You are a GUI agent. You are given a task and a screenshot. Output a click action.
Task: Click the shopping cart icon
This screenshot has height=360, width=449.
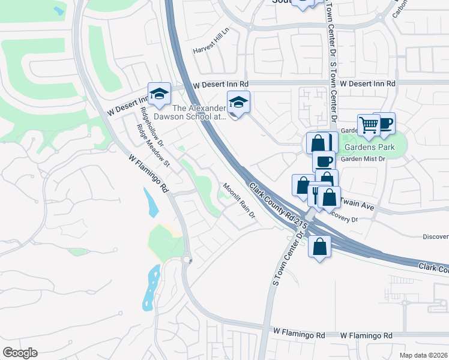click(x=369, y=125)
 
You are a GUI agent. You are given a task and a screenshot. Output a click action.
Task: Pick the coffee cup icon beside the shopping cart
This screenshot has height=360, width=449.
click(x=384, y=123)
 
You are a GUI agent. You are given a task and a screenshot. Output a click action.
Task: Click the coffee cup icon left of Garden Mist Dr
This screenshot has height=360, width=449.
click(x=324, y=161)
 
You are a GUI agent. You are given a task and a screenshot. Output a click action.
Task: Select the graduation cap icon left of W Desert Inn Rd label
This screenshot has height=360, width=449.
click(x=159, y=93)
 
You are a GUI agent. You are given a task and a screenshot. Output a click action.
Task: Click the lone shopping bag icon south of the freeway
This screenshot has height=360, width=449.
click(x=320, y=245)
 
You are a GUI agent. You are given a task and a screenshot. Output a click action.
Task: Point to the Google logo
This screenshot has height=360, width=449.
click(x=20, y=353)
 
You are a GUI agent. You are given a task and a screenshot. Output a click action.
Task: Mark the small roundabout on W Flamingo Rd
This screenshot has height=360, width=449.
click(x=188, y=260)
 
